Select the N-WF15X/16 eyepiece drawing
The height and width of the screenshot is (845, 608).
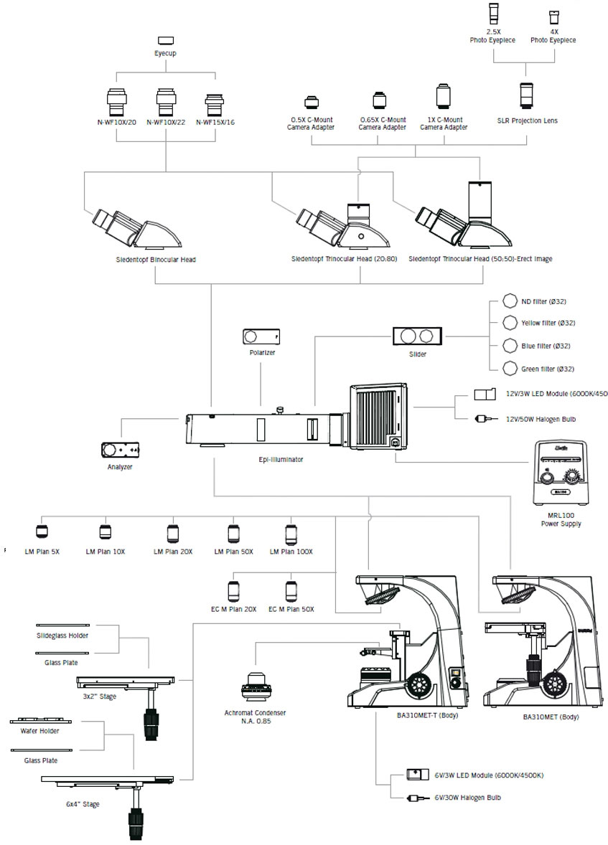(x=215, y=105)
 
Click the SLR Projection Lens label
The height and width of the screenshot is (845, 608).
(x=527, y=121)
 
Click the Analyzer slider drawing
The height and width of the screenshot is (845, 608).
(x=123, y=450)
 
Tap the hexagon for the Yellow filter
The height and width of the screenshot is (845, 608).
(x=510, y=323)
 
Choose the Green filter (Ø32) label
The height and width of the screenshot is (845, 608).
(x=548, y=368)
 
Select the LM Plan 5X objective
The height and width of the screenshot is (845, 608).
(x=42, y=532)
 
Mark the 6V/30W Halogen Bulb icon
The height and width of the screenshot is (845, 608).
(x=415, y=797)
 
